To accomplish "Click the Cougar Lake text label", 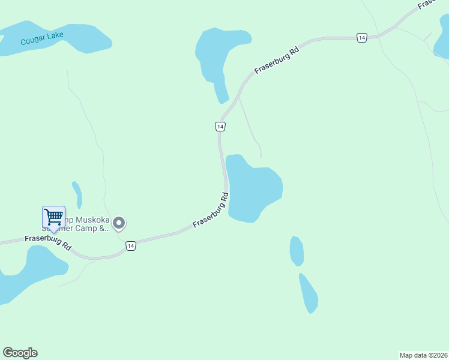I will (x=41, y=41).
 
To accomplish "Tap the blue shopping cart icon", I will (x=53, y=217).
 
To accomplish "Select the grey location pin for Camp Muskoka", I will (x=119, y=224).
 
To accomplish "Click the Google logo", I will (x=20, y=353).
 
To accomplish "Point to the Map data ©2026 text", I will (x=423, y=355).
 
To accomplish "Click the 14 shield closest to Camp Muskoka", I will (x=131, y=246).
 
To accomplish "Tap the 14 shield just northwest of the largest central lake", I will (x=220, y=126).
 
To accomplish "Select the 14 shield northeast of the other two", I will (x=361, y=38).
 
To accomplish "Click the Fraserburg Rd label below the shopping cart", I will (x=48, y=242).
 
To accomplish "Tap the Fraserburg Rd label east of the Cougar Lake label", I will (x=277, y=61).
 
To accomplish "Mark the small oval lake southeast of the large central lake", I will (x=297, y=251).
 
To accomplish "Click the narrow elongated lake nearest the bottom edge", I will (x=309, y=294).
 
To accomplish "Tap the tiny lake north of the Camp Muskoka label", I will (x=77, y=194).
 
